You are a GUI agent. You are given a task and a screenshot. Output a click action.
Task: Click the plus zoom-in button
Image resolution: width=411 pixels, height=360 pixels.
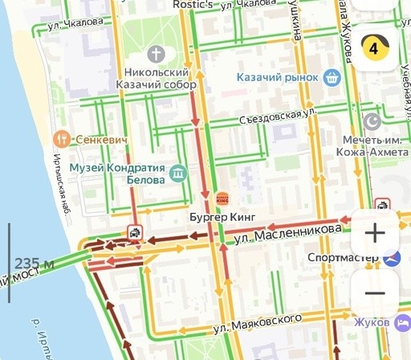click(374, 233)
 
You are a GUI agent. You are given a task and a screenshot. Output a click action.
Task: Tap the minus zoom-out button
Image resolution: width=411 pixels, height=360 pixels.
click(374, 292)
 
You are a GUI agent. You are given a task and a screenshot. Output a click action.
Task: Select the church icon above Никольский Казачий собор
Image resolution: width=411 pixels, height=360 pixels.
click(156, 55)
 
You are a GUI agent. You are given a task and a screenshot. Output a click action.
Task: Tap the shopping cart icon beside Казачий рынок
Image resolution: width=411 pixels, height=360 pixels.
click(332, 78)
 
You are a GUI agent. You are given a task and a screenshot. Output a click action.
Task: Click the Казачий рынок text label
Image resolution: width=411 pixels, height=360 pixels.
click(279, 78)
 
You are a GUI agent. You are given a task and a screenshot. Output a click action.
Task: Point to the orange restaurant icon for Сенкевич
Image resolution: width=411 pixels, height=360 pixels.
click(61, 139)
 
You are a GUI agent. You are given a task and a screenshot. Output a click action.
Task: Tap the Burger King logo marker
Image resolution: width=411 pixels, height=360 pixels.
click(222, 198)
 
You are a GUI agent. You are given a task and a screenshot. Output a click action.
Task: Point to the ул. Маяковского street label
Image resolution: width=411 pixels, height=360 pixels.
click(258, 323)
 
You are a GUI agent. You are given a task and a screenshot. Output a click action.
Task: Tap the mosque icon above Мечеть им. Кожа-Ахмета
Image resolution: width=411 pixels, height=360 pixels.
click(372, 121)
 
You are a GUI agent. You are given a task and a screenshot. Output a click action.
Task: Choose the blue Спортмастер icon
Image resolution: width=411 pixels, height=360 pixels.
click(392, 259)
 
